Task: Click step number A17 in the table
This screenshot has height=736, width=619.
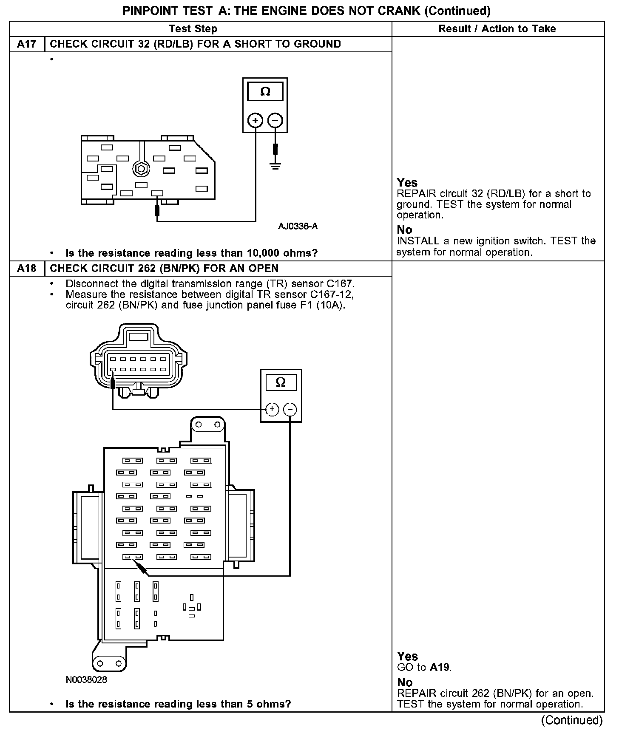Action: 26,44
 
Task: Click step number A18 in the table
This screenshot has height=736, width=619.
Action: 26,269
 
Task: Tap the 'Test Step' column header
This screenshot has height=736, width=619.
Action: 193,29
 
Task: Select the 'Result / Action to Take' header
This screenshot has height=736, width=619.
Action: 497,29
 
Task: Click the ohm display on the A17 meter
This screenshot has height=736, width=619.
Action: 265,92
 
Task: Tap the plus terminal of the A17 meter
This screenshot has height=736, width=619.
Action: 255,121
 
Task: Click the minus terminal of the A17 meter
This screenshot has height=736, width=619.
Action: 275,121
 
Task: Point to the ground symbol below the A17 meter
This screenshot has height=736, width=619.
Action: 275,166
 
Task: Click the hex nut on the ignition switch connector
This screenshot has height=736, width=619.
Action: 140,168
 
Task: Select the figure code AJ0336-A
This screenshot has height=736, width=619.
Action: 298,226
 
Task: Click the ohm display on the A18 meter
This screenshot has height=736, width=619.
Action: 281,382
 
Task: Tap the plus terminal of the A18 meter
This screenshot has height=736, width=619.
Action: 272,410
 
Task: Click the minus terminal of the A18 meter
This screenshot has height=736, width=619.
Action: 290,410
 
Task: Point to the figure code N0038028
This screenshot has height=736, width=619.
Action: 86,679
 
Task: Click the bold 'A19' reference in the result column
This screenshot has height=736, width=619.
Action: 440,668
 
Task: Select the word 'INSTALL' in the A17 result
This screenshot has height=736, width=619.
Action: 417,241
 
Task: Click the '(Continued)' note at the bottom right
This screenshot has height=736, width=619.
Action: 571,720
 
